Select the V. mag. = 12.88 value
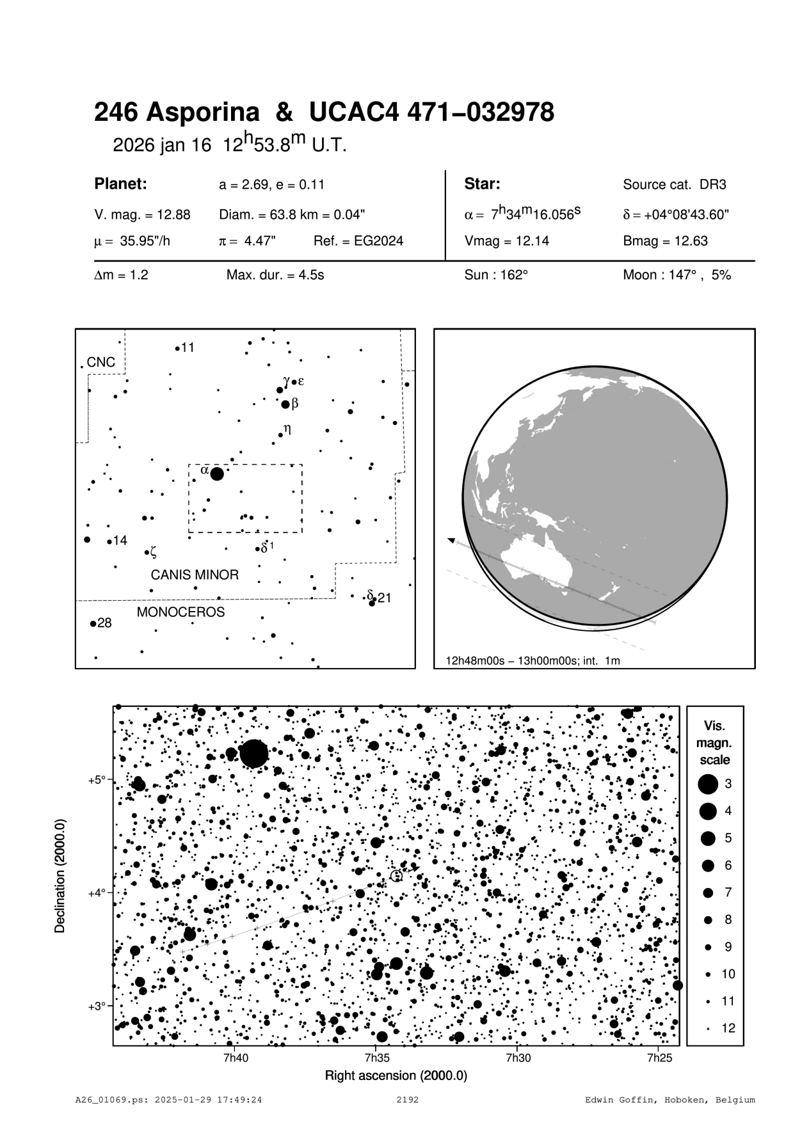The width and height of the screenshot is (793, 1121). (x=142, y=215)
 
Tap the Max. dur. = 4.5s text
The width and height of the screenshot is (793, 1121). (x=275, y=276)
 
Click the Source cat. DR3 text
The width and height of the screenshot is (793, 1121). (x=675, y=185)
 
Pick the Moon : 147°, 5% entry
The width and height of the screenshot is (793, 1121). (x=677, y=276)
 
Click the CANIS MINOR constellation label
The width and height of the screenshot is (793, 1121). (x=195, y=575)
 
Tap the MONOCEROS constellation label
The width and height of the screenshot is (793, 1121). (x=181, y=612)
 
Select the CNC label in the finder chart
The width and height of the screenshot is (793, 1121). (x=101, y=362)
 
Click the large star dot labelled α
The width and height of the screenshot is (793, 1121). (x=217, y=474)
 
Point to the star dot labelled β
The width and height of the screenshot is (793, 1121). (x=285, y=404)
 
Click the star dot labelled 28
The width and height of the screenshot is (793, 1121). (x=93, y=623)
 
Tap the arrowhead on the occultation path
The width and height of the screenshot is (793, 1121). (x=452, y=541)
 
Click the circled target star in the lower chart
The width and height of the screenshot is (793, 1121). (x=396, y=876)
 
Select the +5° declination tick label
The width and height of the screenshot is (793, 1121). (x=97, y=780)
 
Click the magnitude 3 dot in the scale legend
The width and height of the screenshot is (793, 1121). (x=707, y=784)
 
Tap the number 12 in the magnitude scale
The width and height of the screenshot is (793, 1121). (x=728, y=1028)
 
